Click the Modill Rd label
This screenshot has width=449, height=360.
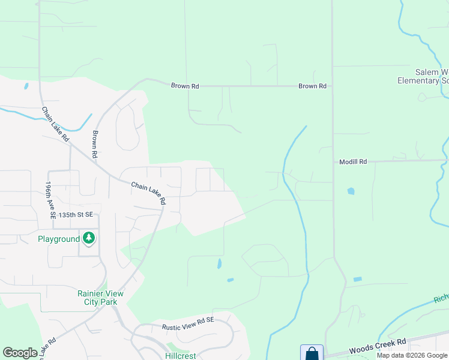[353, 162]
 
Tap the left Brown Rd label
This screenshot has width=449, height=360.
[185, 86]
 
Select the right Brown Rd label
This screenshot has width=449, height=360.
[313, 86]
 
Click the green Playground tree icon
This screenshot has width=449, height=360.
[89, 238]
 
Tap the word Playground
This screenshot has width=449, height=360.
[59, 239]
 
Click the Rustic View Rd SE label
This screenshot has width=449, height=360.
[188, 328]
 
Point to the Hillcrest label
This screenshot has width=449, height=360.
[181, 355]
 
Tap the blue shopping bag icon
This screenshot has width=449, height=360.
[312, 353]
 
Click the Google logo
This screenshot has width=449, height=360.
[20, 353]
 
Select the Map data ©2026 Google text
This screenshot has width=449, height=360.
[412, 356]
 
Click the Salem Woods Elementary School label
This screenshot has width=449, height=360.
[424, 76]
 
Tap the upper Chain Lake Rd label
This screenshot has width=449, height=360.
[55, 124]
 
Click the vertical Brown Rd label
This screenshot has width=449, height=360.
[95, 145]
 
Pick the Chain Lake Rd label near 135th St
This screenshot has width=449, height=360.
[148, 194]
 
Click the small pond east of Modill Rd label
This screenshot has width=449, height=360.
[351, 191]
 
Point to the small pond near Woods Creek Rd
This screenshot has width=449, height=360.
[358, 280]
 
